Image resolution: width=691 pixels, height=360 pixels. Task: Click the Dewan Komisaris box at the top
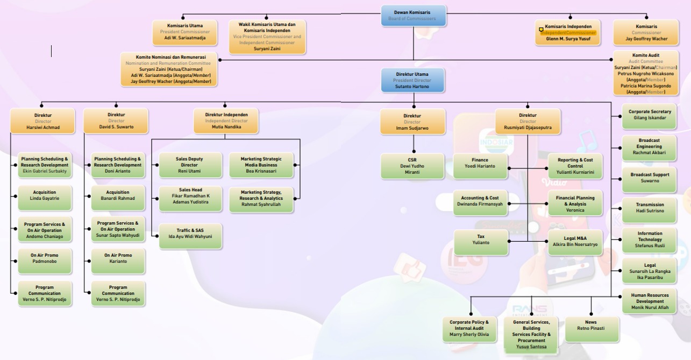pyautogui.click(x=413, y=16)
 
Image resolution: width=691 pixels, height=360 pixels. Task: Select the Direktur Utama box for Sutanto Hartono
pyautogui.click(x=413, y=80)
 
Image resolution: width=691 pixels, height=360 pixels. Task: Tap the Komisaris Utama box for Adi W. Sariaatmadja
pyautogui.click(x=184, y=32)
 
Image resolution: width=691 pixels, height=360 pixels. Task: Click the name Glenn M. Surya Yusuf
pyautogui.click(x=568, y=39)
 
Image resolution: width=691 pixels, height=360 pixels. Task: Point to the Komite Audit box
pyautogui.click(x=646, y=73)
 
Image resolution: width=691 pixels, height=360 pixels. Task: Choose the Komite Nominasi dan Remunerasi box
pyautogui.click(x=168, y=69)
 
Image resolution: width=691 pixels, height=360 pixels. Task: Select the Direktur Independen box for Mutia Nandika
pyautogui.click(x=226, y=121)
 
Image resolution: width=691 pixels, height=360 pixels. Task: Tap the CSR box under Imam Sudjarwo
pyautogui.click(x=412, y=166)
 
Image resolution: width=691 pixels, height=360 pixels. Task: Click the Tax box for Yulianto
pyautogui.click(x=481, y=239)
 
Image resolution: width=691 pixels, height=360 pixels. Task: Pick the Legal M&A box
pyautogui.click(x=575, y=242)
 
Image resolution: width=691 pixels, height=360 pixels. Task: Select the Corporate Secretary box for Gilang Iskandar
pyautogui.click(x=650, y=115)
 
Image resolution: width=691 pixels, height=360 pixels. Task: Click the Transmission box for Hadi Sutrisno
pyautogui.click(x=650, y=208)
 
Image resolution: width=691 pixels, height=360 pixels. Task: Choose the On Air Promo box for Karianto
pyautogui.click(x=118, y=258)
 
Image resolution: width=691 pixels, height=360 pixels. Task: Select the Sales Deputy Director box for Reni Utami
pyautogui.click(x=190, y=165)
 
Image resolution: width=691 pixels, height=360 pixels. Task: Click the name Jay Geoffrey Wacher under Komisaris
pyautogui.click(x=646, y=39)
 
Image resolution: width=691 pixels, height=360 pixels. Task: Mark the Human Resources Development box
pyautogui.click(x=650, y=301)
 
